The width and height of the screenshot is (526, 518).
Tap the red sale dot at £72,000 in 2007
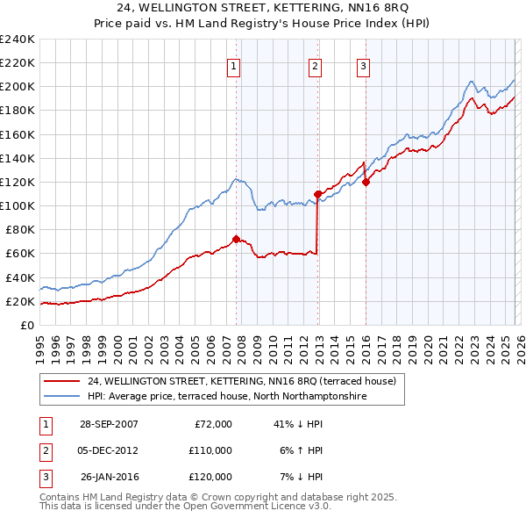click(x=236, y=239)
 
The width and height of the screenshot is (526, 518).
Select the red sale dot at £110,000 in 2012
click(x=317, y=193)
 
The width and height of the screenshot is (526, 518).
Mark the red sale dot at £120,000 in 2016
click(x=366, y=182)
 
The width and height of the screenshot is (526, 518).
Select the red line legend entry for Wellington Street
click(x=241, y=381)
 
